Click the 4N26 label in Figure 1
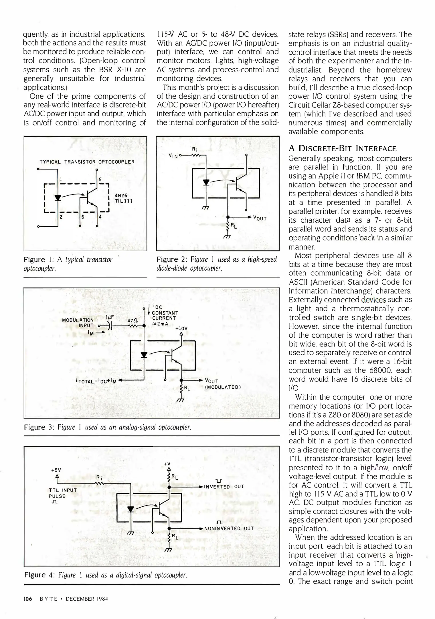point(121,196)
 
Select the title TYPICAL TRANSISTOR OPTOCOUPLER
point(87,162)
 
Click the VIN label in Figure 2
point(173,156)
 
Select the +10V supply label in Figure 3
point(181,328)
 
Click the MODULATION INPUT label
point(78,323)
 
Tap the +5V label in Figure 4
point(56,470)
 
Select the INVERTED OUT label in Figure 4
point(224,487)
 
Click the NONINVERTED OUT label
point(229,528)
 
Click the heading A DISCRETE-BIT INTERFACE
point(343,148)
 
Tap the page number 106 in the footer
point(28,599)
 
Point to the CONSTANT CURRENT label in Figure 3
point(165,316)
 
